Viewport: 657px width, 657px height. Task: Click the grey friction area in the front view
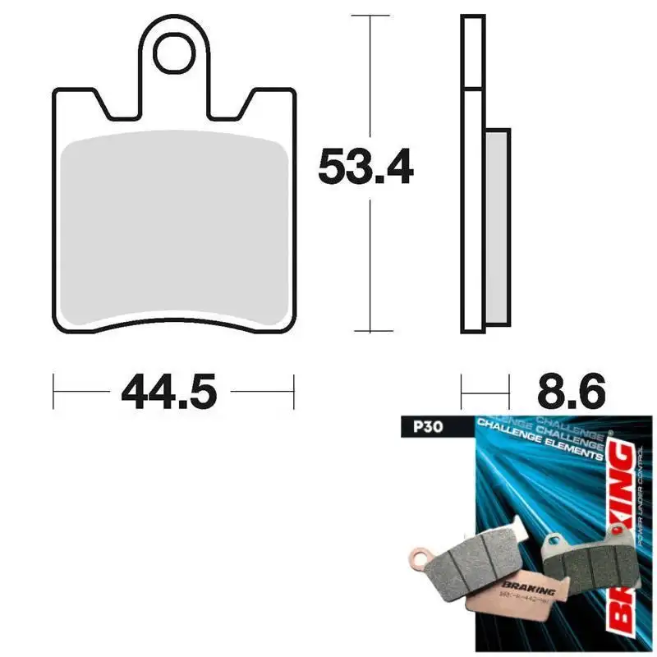tap(173, 226)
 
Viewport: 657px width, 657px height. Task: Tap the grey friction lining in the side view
tap(498, 226)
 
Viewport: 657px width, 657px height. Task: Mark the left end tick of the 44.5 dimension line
tap(54, 392)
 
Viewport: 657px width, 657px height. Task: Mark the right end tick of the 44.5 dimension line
tap(293, 392)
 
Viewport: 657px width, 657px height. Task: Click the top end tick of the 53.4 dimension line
tap(372, 16)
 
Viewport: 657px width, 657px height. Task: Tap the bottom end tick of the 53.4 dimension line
tap(372, 331)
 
